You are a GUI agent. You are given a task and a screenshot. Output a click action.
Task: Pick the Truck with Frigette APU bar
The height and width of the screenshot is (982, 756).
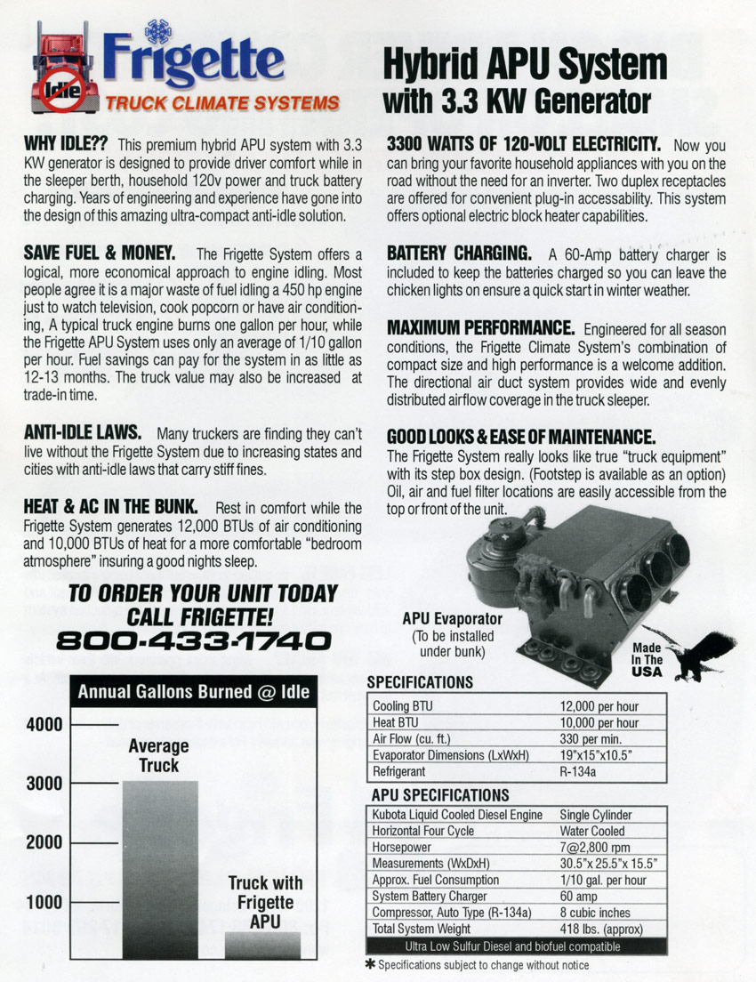[x=263, y=944]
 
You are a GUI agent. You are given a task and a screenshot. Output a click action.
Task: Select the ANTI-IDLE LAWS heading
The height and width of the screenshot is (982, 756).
[x=82, y=432]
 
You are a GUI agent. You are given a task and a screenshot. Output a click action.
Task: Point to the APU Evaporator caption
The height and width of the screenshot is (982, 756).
[x=452, y=618]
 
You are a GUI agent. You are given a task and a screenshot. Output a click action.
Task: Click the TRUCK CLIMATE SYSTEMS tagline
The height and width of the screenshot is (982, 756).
[x=222, y=101]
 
